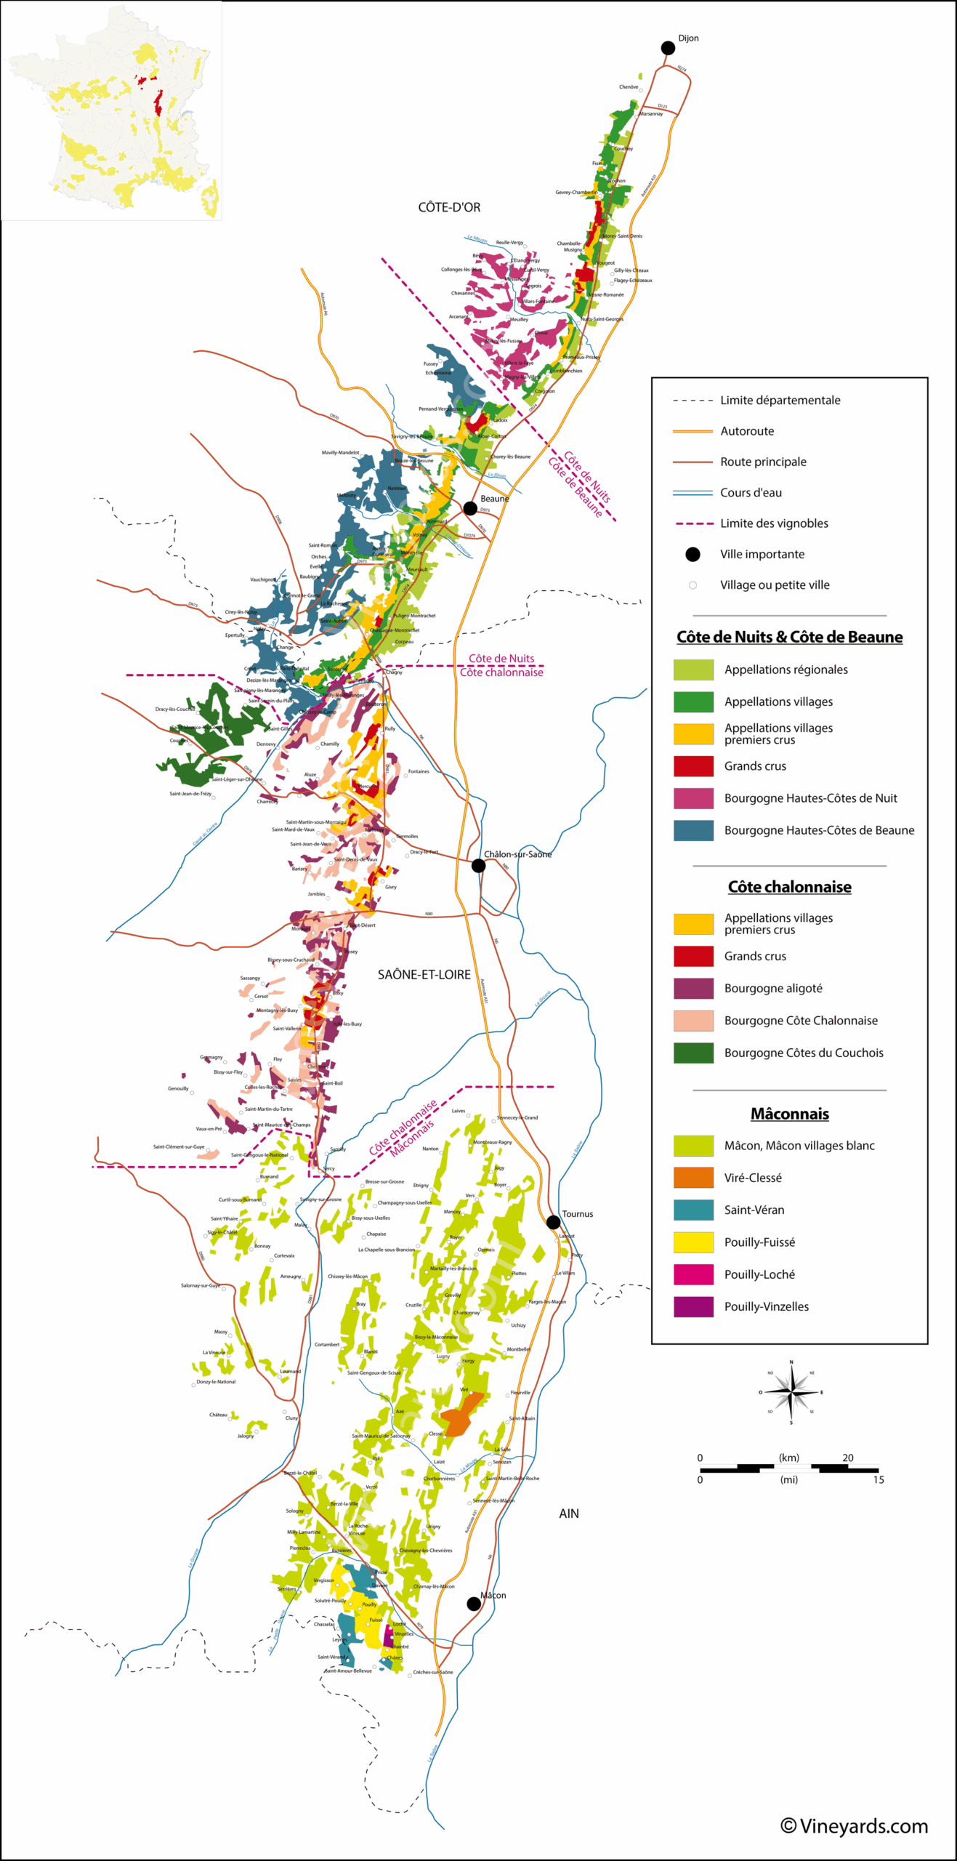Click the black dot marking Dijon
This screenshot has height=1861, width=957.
click(x=668, y=48)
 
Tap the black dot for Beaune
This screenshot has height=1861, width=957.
click(x=470, y=508)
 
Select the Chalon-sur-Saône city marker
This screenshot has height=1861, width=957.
click(x=478, y=865)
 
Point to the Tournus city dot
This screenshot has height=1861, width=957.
click(x=553, y=1222)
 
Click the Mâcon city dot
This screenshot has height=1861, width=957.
click(x=474, y=1604)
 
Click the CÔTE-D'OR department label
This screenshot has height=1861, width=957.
click(x=449, y=207)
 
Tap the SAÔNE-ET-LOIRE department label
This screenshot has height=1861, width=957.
click(x=424, y=975)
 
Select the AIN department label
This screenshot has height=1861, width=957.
click(x=569, y=1514)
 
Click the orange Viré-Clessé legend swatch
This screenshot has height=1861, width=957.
click(x=693, y=1178)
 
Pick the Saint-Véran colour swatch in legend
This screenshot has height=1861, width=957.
click(x=693, y=1210)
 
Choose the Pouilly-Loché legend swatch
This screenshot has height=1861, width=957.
click(x=693, y=1274)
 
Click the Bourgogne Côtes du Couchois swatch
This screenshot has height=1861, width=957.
click(x=693, y=1053)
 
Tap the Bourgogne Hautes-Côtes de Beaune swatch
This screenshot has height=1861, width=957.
click(x=693, y=830)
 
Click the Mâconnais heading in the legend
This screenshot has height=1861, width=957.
click(x=789, y=1114)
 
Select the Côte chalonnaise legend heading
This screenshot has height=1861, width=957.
click(x=789, y=887)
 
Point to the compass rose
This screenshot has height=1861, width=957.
click(x=791, y=1392)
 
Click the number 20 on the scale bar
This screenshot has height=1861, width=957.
click(x=847, y=1458)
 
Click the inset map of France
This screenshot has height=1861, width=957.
click(x=111, y=111)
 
